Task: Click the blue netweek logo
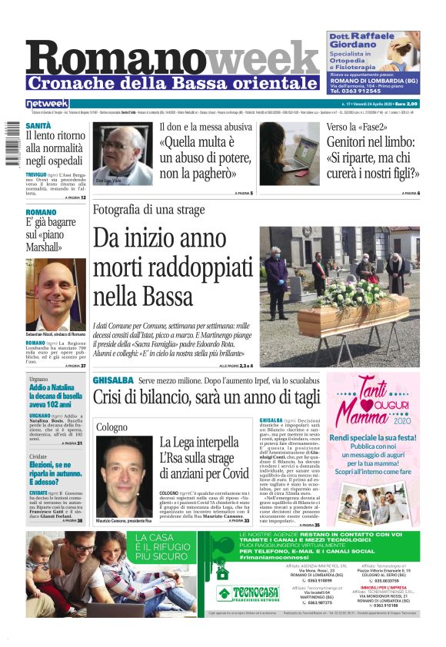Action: (x=47, y=104)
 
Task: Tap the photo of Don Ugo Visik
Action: (x=122, y=153)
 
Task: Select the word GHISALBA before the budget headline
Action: (x=113, y=380)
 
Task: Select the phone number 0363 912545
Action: (x=373, y=91)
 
